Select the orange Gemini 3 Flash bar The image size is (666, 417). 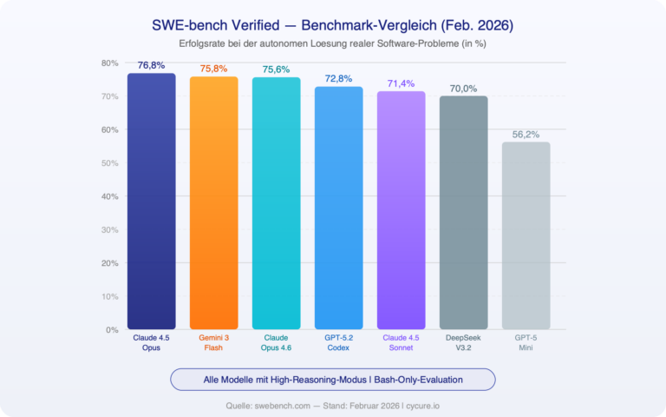tap(214, 203)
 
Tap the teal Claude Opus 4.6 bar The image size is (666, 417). tap(277, 203)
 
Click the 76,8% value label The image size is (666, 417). tap(152, 65)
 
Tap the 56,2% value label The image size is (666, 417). tap(526, 135)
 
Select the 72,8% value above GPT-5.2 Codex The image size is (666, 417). tap(339, 79)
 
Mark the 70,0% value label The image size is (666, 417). tap(464, 89)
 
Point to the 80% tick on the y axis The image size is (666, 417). tap(110, 63)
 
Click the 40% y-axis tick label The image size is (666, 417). tap(110, 196)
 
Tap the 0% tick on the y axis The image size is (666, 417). tap(112, 330)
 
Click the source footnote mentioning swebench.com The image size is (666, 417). tap(333, 404)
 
